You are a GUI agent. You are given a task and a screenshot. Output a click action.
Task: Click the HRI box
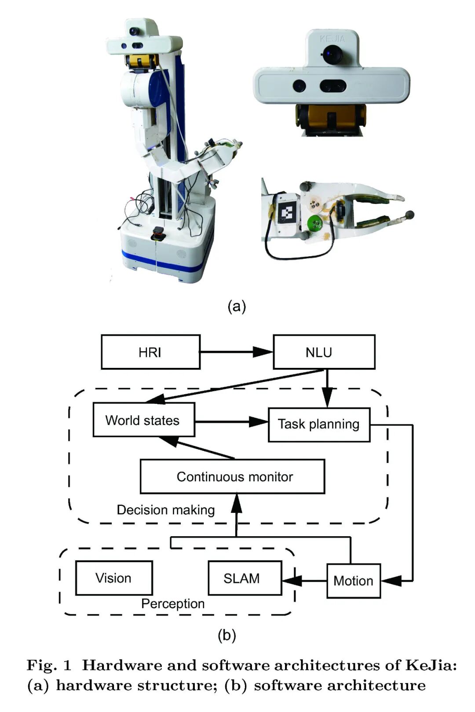150,352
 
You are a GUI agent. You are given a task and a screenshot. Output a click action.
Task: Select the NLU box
324,352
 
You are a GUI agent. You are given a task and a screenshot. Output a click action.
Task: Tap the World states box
143,420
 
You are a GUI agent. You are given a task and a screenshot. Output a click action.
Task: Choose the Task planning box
319,425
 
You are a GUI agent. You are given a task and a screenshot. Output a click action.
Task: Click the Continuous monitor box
232,477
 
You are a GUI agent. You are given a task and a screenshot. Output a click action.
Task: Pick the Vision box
114,578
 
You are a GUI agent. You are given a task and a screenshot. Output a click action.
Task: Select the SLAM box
245,578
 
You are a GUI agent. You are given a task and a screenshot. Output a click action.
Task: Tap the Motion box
353,581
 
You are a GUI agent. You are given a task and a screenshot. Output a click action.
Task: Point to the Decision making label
166,510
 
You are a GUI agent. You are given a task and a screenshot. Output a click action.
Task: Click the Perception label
173,604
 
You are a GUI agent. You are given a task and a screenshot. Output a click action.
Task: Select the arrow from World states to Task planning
231,422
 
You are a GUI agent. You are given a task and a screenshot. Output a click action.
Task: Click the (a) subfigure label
237,306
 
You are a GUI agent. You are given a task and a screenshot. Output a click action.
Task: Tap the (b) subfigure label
227,636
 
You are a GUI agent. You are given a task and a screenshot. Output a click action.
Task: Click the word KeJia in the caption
431,665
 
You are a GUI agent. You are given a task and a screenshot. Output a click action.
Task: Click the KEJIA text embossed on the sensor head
332,39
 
